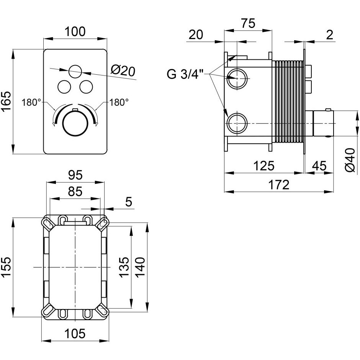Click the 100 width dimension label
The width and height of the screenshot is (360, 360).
click(75, 31)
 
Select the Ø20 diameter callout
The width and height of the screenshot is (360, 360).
click(123, 71)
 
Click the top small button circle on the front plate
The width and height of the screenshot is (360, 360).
click(75, 71)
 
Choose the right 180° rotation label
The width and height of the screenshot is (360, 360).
click(119, 102)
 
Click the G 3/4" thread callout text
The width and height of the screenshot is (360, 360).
click(185, 74)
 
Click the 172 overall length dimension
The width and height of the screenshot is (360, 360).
click(279, 185)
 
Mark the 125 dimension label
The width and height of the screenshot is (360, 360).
click(264, 165)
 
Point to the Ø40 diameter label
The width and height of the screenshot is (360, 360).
click(350, 160)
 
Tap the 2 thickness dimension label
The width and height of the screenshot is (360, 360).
click(329, 35)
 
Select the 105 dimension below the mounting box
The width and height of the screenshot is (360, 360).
click(75, 333)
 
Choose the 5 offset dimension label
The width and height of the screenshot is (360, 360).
click(129, 202)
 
